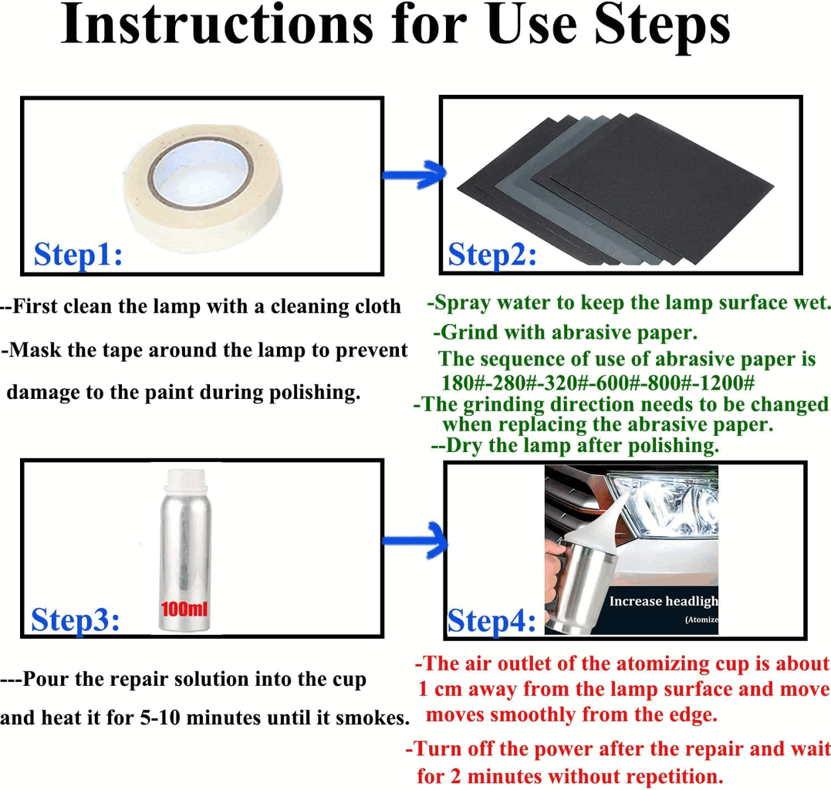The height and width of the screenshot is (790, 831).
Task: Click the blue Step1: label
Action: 78,255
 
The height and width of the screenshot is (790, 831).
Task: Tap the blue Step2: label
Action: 492,255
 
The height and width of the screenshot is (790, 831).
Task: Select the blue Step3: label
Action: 75,620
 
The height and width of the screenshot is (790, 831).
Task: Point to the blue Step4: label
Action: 492,620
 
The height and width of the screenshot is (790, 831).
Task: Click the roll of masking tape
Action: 203,188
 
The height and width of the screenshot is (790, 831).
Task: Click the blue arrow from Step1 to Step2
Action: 414,174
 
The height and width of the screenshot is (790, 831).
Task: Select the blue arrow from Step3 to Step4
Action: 415,541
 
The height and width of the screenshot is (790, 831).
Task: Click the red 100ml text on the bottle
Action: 184,609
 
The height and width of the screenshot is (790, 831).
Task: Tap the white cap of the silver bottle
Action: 185,482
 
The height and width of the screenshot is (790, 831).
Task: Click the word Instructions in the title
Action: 218,25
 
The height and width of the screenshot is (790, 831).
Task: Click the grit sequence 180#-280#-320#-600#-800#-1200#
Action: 598,382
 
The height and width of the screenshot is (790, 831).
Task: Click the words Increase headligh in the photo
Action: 664,601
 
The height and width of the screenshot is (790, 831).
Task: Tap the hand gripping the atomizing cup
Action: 556,574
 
